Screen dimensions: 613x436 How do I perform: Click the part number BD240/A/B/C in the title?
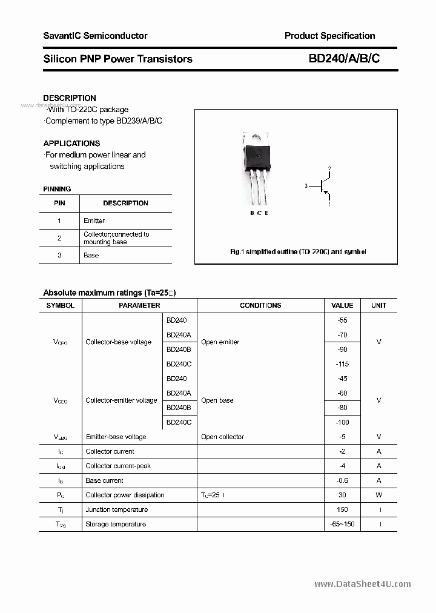click(344, 59)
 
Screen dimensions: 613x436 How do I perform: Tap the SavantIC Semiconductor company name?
click(95, 36)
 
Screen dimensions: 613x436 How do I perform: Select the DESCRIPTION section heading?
click(70, 98)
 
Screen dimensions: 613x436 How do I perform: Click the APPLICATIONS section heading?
click(71, 144)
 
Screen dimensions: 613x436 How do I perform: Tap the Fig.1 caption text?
click(298, 251)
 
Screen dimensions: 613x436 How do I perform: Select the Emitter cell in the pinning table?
click(94, 220)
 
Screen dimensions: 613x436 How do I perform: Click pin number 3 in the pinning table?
click(59, 255)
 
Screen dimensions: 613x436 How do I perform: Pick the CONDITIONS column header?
click(260, 305)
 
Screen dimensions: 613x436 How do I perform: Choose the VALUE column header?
click(342, 305)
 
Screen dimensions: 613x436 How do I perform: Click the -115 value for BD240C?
click(342, 364)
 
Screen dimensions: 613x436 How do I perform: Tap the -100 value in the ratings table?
click(342, 422)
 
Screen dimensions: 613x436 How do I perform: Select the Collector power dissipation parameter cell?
click(125, 495)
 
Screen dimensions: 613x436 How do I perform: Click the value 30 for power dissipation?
click(342, 495)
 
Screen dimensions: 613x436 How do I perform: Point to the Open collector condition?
click(222, 437)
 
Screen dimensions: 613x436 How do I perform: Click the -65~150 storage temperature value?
click(342, 524)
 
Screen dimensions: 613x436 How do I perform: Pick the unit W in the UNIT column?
click(379, 495)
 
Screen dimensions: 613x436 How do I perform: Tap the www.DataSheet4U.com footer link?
click(363, 584)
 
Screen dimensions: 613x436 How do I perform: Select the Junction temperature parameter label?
click(116, 509)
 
